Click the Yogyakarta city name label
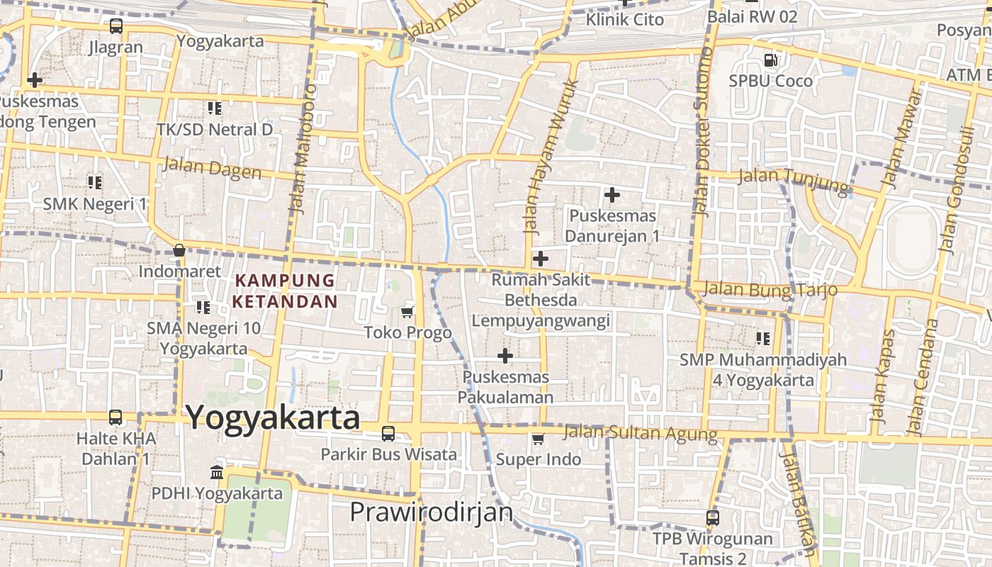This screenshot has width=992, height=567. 274,417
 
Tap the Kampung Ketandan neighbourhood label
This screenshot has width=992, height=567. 285,291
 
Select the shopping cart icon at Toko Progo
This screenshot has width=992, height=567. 407,313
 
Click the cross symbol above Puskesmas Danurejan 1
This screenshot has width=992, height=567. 612,194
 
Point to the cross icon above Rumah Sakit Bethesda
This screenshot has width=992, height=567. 541,259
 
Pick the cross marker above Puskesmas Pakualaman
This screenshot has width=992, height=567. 505,355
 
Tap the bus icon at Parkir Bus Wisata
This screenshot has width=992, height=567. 388,433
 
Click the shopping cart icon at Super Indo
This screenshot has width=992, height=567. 539,439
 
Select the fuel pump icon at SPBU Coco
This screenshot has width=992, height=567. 771,60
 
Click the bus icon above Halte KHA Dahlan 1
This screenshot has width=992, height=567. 115,417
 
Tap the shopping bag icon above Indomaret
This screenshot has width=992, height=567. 179,250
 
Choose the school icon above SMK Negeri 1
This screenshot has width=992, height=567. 95,183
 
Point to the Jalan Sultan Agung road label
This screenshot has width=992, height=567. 641,432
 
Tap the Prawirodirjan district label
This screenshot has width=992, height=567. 432,512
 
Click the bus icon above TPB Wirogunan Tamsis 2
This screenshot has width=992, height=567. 713,518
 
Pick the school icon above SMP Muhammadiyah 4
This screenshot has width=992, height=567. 763,339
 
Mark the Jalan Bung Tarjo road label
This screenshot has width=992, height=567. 765,289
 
